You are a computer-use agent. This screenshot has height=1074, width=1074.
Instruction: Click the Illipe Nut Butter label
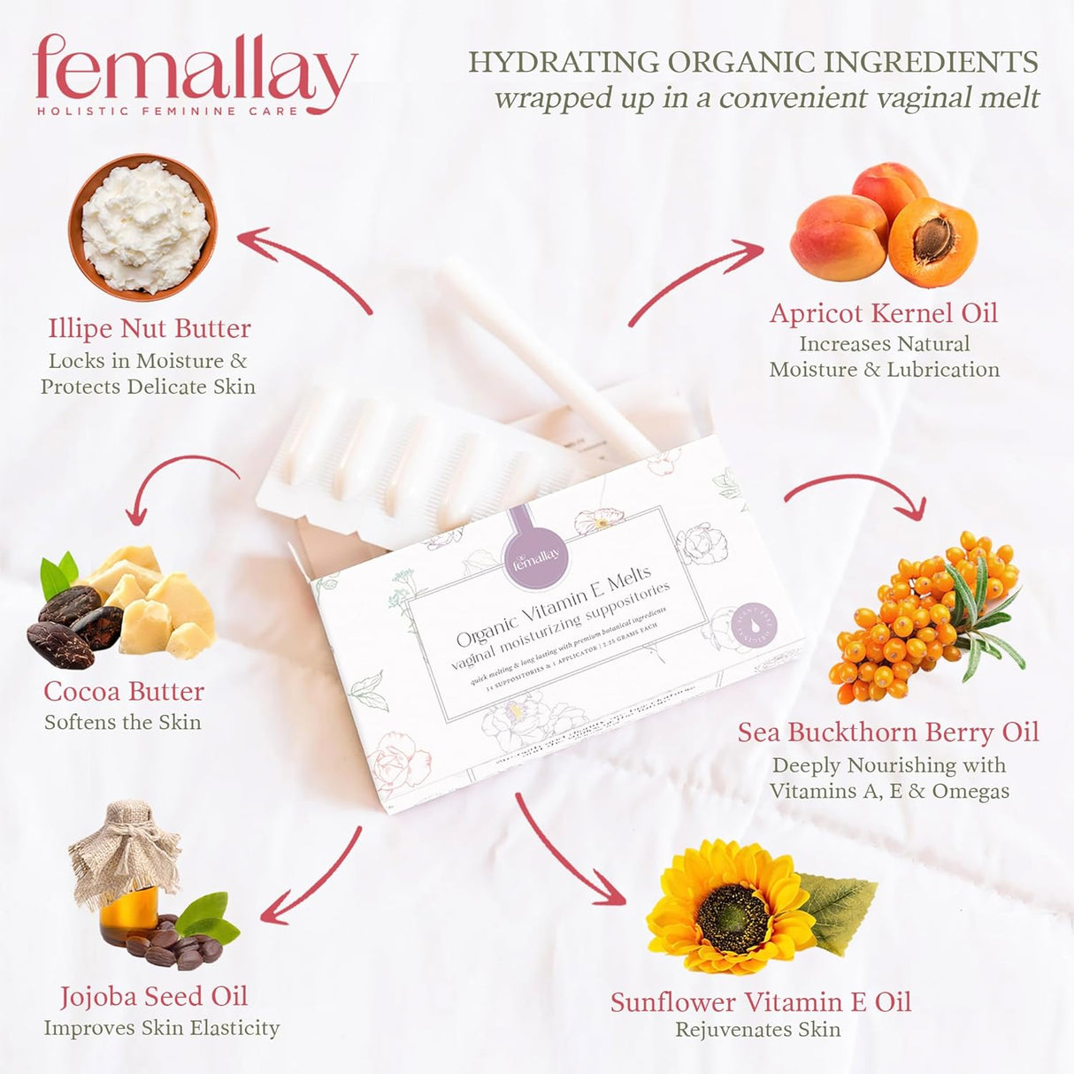150,328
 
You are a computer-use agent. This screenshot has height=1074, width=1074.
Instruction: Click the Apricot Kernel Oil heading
883,313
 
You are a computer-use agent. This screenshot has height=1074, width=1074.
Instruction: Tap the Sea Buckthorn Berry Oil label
888,733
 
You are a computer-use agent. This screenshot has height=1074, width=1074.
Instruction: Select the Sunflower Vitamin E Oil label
760,1002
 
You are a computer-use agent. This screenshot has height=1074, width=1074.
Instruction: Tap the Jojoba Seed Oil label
154,997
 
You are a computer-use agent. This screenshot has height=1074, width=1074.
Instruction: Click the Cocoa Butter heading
124,691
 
